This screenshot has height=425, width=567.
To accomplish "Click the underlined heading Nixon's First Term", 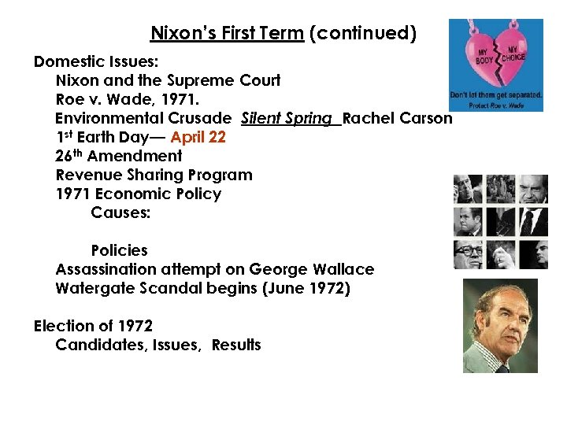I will point(227,34).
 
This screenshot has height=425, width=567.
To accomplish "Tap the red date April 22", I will point(198,137).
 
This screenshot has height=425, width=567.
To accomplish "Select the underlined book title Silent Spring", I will point(287,118).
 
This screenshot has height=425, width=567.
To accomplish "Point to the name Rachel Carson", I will point(398,118).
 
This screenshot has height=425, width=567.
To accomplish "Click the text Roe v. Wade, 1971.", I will point(128,99).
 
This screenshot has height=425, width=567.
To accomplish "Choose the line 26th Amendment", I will point(119,156).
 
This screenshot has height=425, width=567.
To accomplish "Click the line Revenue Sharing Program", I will point(154,175).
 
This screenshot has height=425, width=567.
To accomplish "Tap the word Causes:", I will point(120,213).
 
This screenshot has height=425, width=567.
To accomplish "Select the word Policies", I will point(119,250).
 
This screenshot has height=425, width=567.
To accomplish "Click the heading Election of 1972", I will point(93,326).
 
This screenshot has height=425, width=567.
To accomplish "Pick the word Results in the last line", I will point(236,345).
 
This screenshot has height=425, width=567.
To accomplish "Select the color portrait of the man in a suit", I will point(500,325).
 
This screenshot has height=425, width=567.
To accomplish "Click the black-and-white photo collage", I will point(500,222).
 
